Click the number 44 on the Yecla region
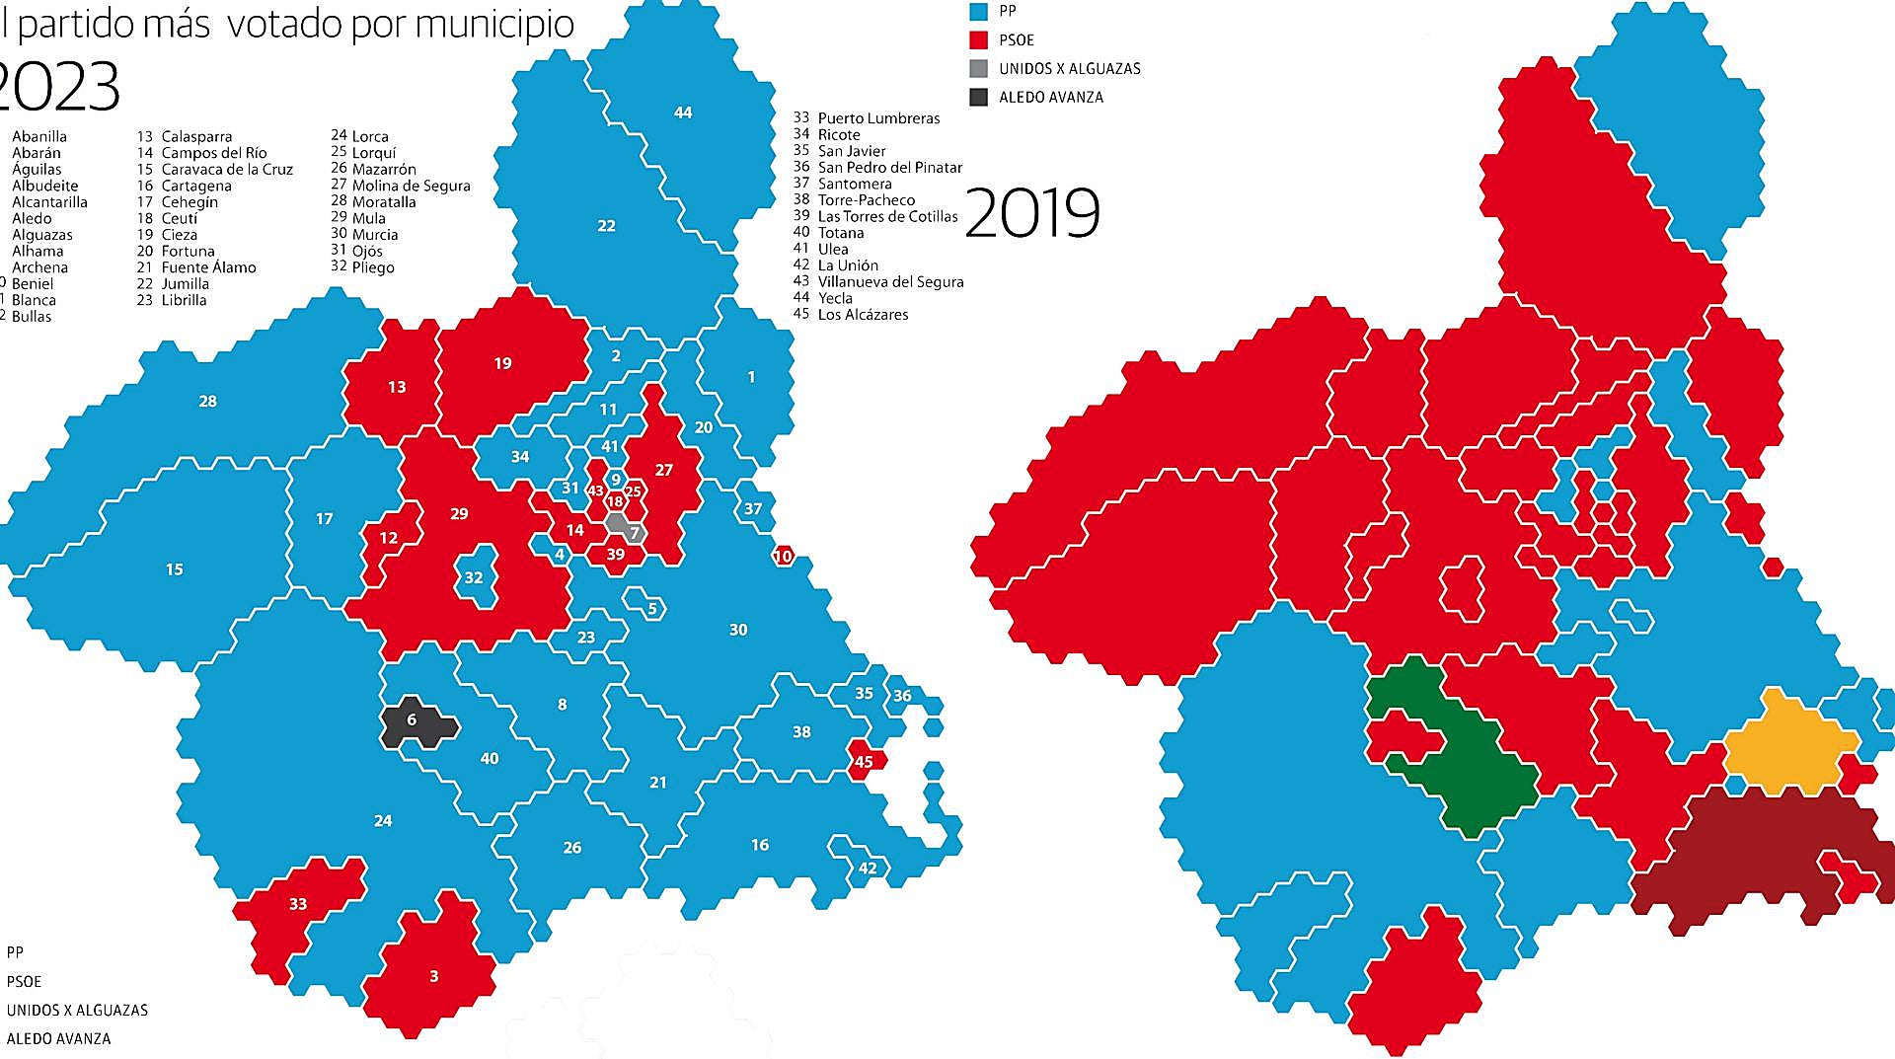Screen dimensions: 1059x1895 pyautogui.click(x=683, y=113)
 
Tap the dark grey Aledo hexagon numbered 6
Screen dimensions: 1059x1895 pyautogui.click(x=413, y=720)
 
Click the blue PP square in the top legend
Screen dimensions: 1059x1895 pyautogui.click(x=978, y=11)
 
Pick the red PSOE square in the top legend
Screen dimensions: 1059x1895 pyautogui.click(x=978, y=39)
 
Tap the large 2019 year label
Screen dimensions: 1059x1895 pyautogui.click(x=1031, y=213)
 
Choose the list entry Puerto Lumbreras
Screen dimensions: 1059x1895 pyautogui.click(x=877, y=118)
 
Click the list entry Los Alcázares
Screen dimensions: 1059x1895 pyautogui.click(x=862, y=315)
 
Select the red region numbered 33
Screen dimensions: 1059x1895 pyautogui.click(x=298, y=904)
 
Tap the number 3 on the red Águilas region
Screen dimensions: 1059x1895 pyautogui.click(x=433, y=976)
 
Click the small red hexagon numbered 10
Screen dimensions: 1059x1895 pyautogui.click(x=783, y=557)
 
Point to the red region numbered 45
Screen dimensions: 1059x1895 pyautogui.click(x=864, y=761)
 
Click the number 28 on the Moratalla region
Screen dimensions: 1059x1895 pyautogui.click(x=207, y=401)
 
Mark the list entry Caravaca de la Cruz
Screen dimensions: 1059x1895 pyautogui.click(x=226, y=170)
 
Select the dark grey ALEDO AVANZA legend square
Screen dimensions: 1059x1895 pyautogui.click(x=978, y=97)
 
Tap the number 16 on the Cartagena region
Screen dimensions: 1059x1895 pyautogui.click(x=759, y=845)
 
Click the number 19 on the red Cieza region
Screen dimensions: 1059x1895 pyautogui.click(x=502, y=363)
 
